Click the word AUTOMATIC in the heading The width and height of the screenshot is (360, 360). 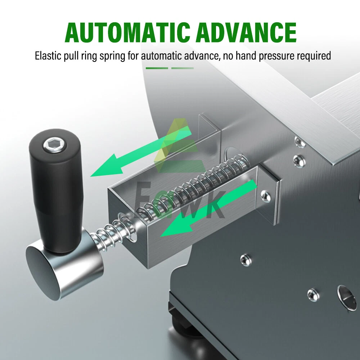(x=127, y=32)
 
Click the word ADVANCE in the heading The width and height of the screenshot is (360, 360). (x=246, y=32)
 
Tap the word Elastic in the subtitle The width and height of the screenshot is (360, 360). (x=48, y=56)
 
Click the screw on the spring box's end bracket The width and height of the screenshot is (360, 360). (x=266, y=196)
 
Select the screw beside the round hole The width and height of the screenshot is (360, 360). (x=313, y=295)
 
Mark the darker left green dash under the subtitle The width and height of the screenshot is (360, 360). (x=157, y=68)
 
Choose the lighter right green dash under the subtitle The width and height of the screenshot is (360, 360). (x=183, y=68)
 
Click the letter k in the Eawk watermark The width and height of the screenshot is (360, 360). (x=213, y=205)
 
